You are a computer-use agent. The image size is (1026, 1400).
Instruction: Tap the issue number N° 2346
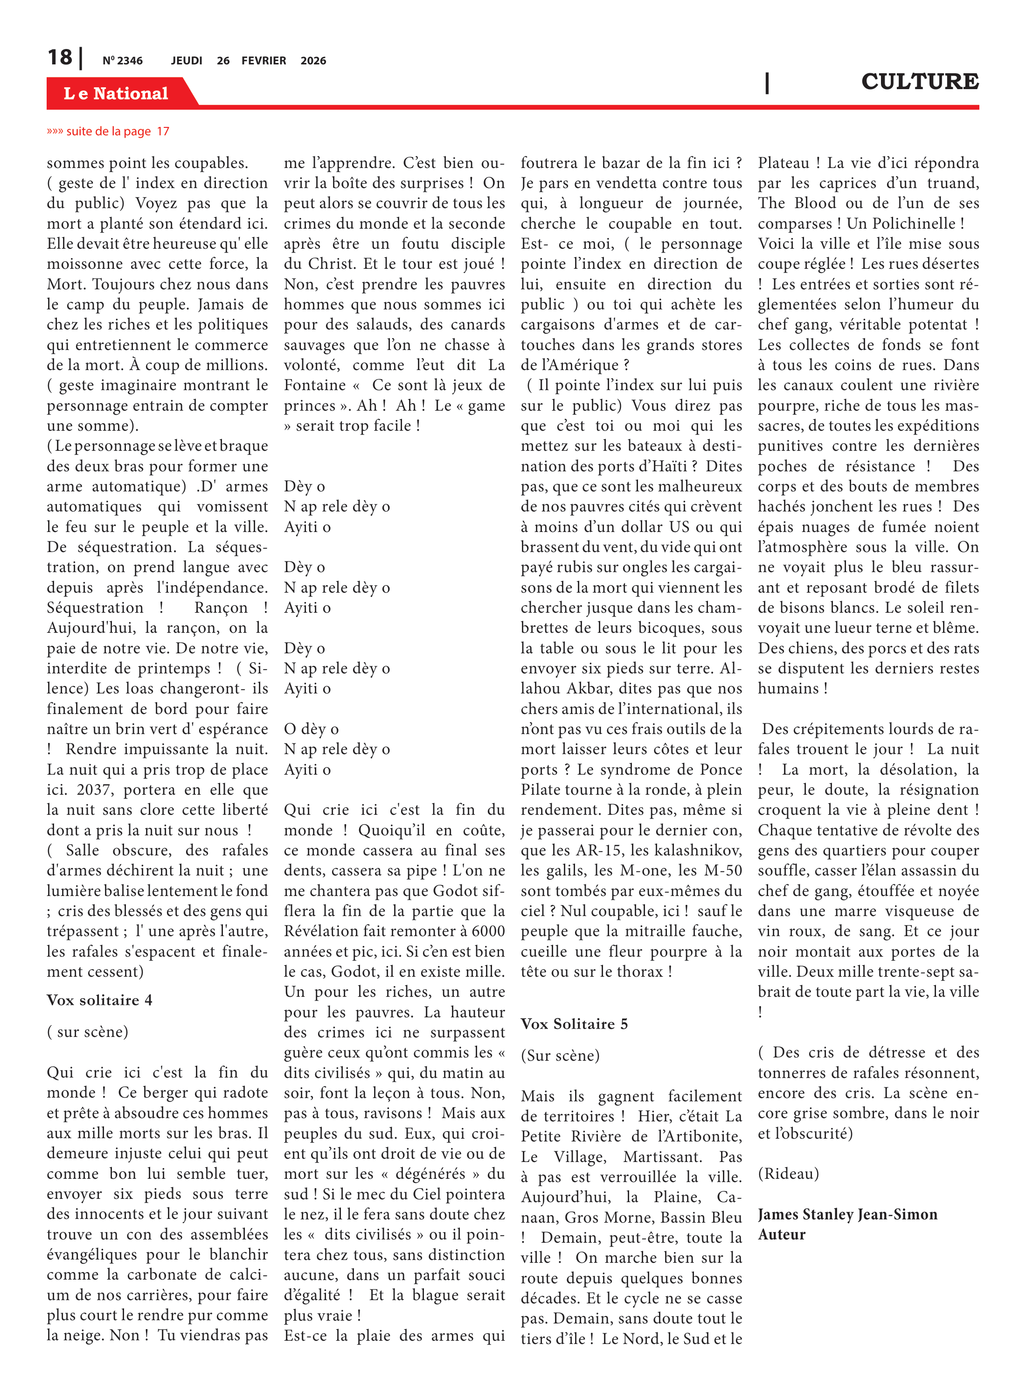pyautogui.click(x=122, y=61)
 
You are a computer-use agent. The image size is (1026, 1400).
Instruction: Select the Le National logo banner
pyautogui.click(x=116, y=93)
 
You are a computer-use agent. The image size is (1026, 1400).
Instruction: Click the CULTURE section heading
pyautogui.click(x=919, y=81)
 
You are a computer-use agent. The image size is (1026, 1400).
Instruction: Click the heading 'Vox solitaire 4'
pyautogui.click(x=99, y=1000)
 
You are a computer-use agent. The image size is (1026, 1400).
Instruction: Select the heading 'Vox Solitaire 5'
pyautogui.click(x=574, y=1023)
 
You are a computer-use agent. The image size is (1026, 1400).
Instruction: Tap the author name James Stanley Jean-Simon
pyautogui.click(x=847, y=1214)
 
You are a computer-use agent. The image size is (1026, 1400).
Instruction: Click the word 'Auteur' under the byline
pyautogui.click(x=781, y=1234)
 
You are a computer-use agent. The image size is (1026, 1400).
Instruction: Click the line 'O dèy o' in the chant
pyautogui.click(x=311, y=729)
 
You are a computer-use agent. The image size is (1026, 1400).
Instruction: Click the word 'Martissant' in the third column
pyautogui.click(x=662, y=1156)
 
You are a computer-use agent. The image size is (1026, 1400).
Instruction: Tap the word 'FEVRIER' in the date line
pyautogui.click(x=263, y=61)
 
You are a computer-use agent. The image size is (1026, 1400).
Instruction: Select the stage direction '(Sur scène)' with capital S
pyautogui.click(x=560, y=1055)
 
